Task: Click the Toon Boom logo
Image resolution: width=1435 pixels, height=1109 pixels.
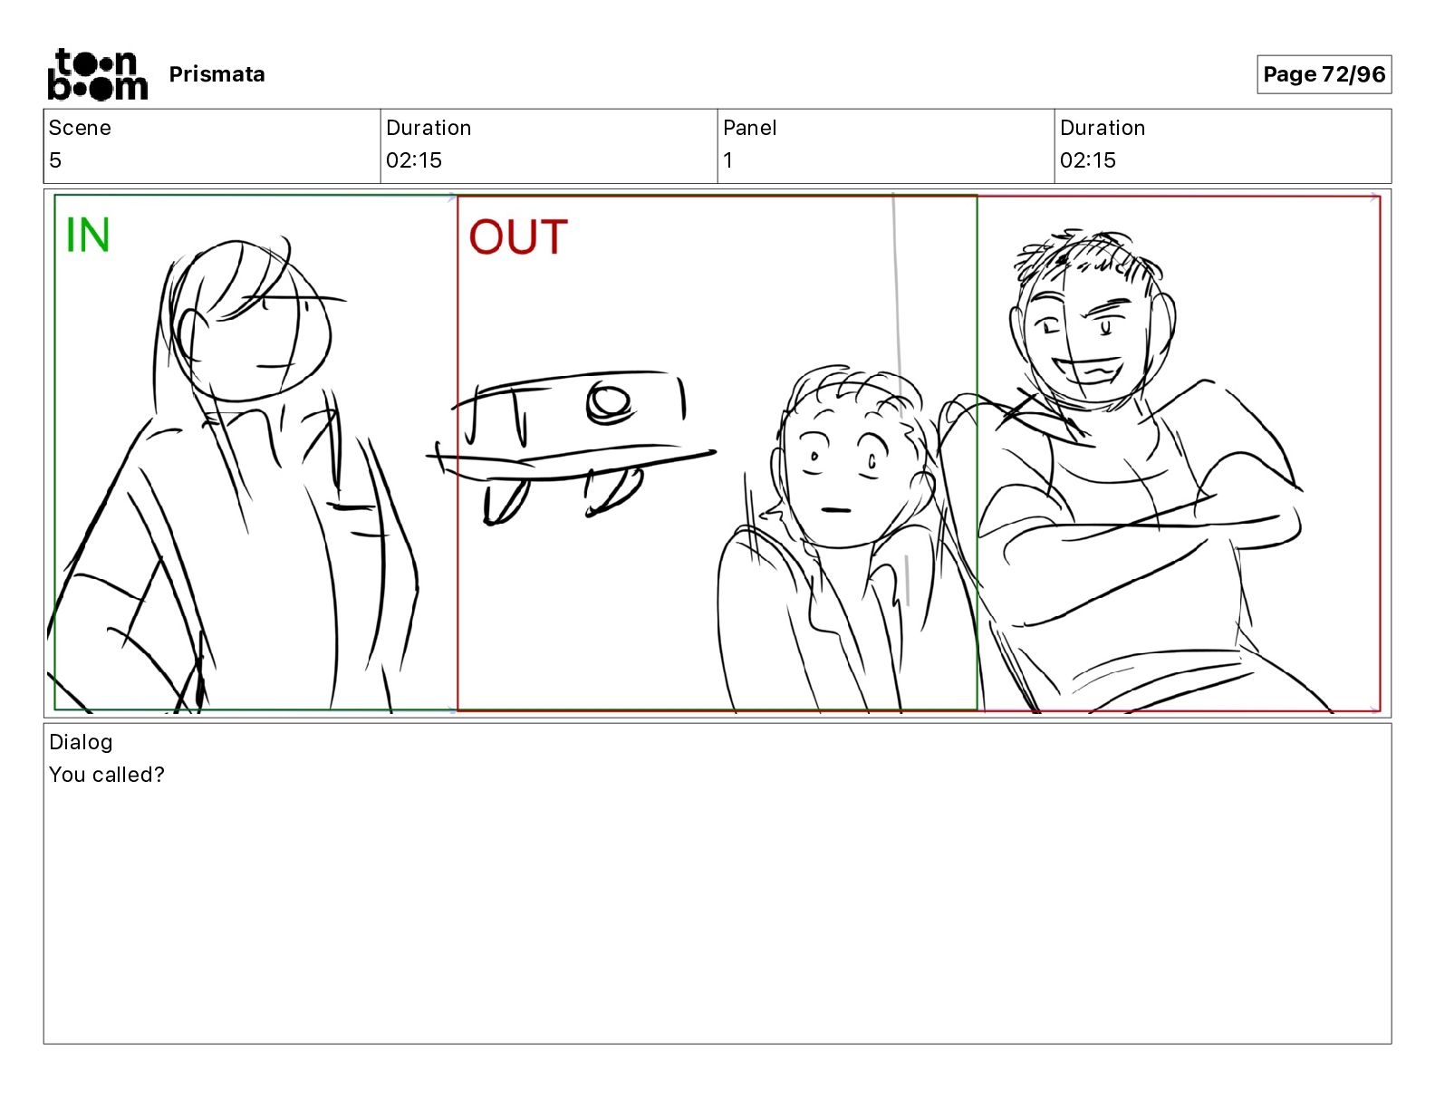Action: [x=98, y=74]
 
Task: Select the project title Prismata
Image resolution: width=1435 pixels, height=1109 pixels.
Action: [x=217, y=74]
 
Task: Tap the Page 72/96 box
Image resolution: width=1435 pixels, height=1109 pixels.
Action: [x=1324, y=74]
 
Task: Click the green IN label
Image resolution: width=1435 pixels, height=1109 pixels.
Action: [x=87, y=236]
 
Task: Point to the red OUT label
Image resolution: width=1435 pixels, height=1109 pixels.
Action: [x=517, y=236]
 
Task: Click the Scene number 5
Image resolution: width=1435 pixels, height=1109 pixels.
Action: [x=55, y=159]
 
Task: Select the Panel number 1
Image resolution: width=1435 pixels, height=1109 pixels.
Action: [x=727, y=159]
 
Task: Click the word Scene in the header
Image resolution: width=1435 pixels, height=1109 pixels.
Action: [x=80, y=128]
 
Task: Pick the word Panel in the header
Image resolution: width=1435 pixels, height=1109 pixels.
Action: [x=749, y=128]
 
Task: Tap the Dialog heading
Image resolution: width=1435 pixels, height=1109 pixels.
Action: [x=81, y=742]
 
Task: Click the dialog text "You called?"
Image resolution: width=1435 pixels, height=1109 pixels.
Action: [x=106, y=774]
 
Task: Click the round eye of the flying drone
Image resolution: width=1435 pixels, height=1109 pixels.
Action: [x=609, y=401]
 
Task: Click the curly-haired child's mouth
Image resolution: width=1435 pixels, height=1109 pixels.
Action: [x=835, y=510]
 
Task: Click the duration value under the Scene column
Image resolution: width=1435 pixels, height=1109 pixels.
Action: [x=414, y=159]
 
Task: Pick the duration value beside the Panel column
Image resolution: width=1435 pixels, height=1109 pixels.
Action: [x=1088, y=159]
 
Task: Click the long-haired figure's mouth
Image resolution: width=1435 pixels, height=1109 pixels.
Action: [x=276, y=365]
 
